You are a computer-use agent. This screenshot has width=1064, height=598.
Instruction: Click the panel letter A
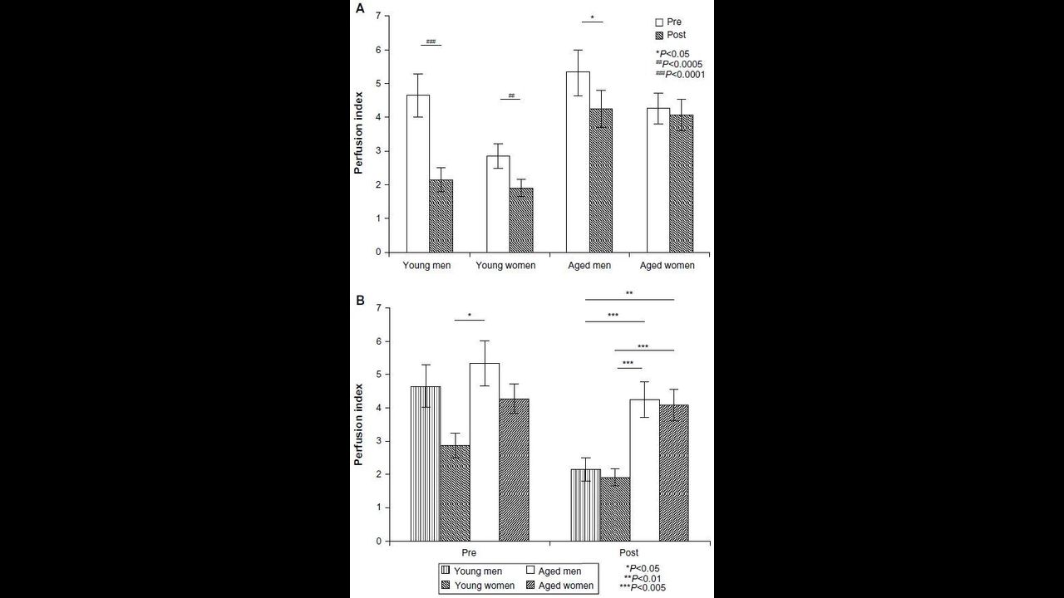coord(360,9)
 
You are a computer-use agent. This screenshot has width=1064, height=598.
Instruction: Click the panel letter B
coord(360,300)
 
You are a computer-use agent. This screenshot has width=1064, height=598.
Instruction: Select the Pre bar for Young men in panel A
coord(418,174)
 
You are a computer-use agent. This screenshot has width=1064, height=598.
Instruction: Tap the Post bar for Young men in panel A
coord(441,216)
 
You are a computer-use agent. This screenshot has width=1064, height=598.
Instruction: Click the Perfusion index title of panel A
coord(358,134)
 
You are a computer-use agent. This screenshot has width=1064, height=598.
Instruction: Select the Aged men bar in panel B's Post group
coord(644,470)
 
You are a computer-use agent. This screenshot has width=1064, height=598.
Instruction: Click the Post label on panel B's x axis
coord(629,553)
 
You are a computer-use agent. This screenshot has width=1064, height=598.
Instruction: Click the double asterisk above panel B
coord(629,293)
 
